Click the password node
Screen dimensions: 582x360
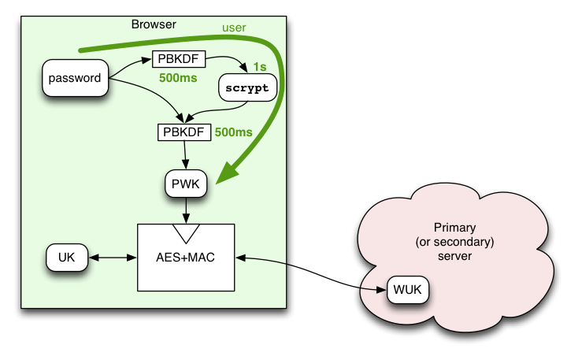point(76,78)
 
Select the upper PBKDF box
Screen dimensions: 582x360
point(179,59)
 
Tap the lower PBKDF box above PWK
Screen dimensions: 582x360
point(184,132)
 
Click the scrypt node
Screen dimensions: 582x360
point(247,87)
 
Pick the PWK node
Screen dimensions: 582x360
point(186,184)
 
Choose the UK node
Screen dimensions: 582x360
point(67,257)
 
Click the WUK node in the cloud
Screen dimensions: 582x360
point(407,289)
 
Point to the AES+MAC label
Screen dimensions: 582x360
point(185,257)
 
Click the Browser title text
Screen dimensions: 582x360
point(154,24)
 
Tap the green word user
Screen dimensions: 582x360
point(234,28)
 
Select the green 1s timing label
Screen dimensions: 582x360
point(260,67)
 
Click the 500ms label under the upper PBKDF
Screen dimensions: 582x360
point(178,78)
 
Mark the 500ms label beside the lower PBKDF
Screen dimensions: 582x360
point(233,132)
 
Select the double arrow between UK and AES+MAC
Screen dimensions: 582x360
point(113,257)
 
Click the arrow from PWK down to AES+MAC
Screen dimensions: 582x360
point(186,210)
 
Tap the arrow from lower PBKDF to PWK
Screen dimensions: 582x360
point(185,155)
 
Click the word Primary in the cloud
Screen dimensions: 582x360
point(454,228)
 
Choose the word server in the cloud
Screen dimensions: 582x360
point(454,256)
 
